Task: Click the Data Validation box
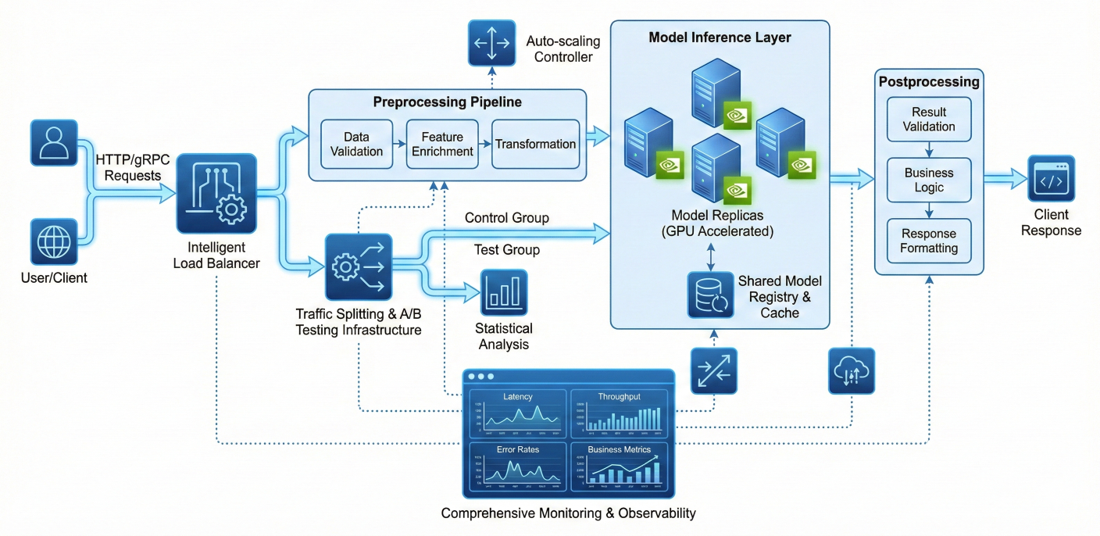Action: pyautogui.click(x=356, y=144)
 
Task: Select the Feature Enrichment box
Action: pyautogui.click(x=441, y=144)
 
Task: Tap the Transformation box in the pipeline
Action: pyautogui.click(x=535, y=144)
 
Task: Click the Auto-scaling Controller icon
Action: pyautogui.click(x=491, y=43)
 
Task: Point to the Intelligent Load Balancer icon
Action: pyautogui.click(x=216, y=194)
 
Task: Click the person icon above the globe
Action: pyautogui.click(x=54, y=143)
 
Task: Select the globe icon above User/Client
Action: pyautogui.click(x=54, y=241)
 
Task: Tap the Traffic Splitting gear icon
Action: pyautogui.click(x=358, y=266)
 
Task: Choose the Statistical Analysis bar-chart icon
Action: pyautogui.click(x=504, y=292)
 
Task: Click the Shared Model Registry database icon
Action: pyautogui.click(x=711, y=295)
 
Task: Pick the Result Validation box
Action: pyautogui.click(x=929, y=120)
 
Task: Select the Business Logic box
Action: pyautogui.click(x=929, y=180)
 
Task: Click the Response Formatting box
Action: pyautogui.click(x=929, y=241)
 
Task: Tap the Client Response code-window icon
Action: pyautogui.click(x=1051, y=180)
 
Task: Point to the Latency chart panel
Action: pyautogui.click(x=517, y=414)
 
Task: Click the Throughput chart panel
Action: pyautogui.click(x=619, y=414)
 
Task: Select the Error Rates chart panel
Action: pyautogui.click(x=517, y=466)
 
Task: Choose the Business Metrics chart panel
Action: pyautogui.click(x=619, y=466)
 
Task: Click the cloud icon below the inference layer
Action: pyautogui.click(x=852, y=370)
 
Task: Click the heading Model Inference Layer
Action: pyautogui.click(x=720, y=38)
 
